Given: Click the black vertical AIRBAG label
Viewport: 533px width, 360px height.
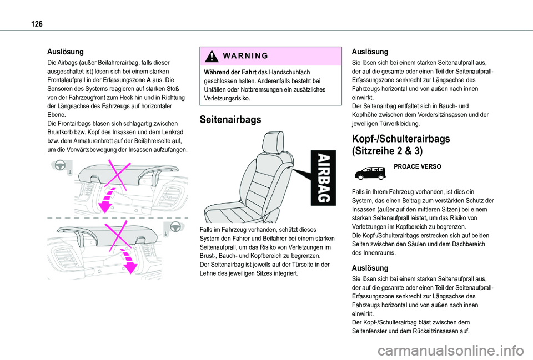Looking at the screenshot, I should (x=323, y=178).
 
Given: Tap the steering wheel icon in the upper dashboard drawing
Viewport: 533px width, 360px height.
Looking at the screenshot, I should (x=59, y=166).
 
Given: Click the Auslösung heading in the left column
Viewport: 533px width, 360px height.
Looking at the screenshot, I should (x=66, y=52).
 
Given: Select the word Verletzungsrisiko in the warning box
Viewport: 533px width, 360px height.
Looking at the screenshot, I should (x=227, y=98).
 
